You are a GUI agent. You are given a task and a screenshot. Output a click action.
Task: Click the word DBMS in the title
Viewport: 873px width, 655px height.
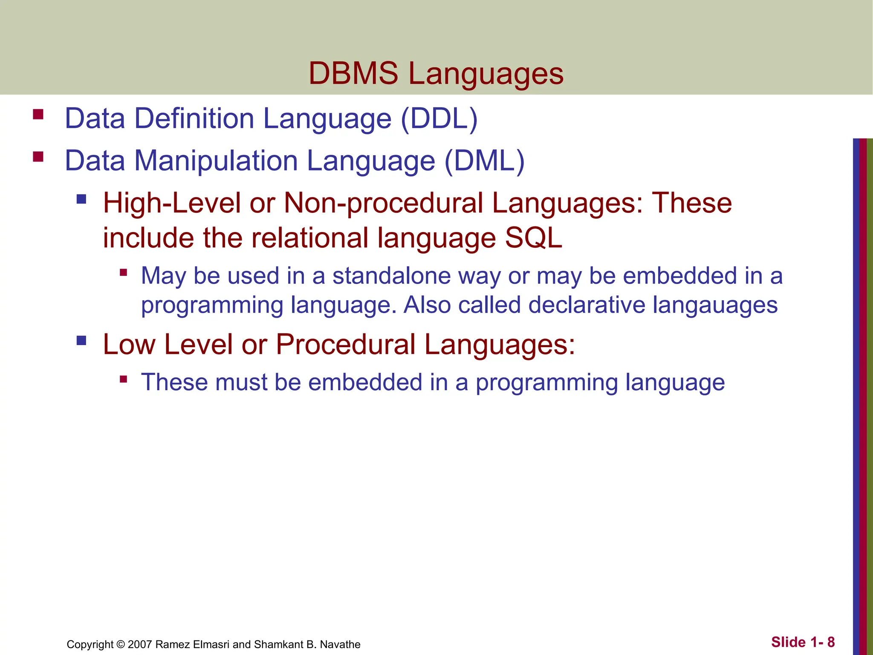(x=353, y=73)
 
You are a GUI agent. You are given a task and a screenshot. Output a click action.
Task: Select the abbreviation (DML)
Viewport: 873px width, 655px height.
(x=484, y=161)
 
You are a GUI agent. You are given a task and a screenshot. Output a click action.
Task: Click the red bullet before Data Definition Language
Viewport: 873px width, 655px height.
(x=38, y=114)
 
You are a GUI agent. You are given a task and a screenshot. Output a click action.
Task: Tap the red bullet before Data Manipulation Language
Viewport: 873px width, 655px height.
(x=38, y=157)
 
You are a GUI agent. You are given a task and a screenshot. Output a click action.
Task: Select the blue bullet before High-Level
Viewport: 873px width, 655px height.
(x=81, y=199)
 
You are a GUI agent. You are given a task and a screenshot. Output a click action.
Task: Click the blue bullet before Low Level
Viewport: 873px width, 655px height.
(x=81, y=340)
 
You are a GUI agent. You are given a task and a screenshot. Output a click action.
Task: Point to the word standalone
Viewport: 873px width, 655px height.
(x=392, y=275)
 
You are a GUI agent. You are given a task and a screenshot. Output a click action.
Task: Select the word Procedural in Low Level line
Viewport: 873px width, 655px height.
(x=345, y=344)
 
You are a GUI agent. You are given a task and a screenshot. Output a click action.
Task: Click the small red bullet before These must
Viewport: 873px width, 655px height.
(x=124, y=379)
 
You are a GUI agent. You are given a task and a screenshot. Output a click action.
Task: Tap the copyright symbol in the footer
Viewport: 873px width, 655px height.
(x=121, y=644)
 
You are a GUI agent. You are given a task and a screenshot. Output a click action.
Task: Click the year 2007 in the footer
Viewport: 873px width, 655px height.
(x=140, y=644)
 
